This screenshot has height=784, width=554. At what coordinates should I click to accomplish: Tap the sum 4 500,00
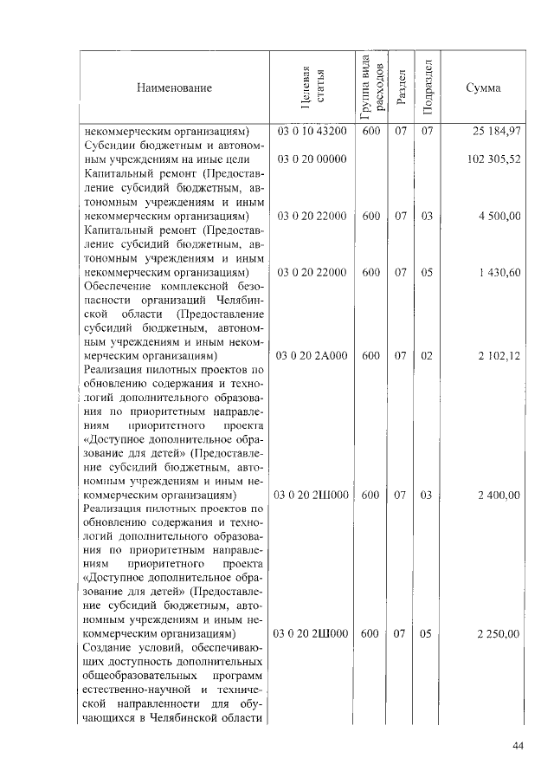pyautogui.click(x=499, y=216)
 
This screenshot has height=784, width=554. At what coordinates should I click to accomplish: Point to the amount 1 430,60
pyautogui.click(x=499, y=272)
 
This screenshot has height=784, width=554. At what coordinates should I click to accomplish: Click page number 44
pyautogui.click(x=519, y=746)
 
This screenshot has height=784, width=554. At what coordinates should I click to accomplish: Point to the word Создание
pyautogui.click(x=107, y=648)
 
